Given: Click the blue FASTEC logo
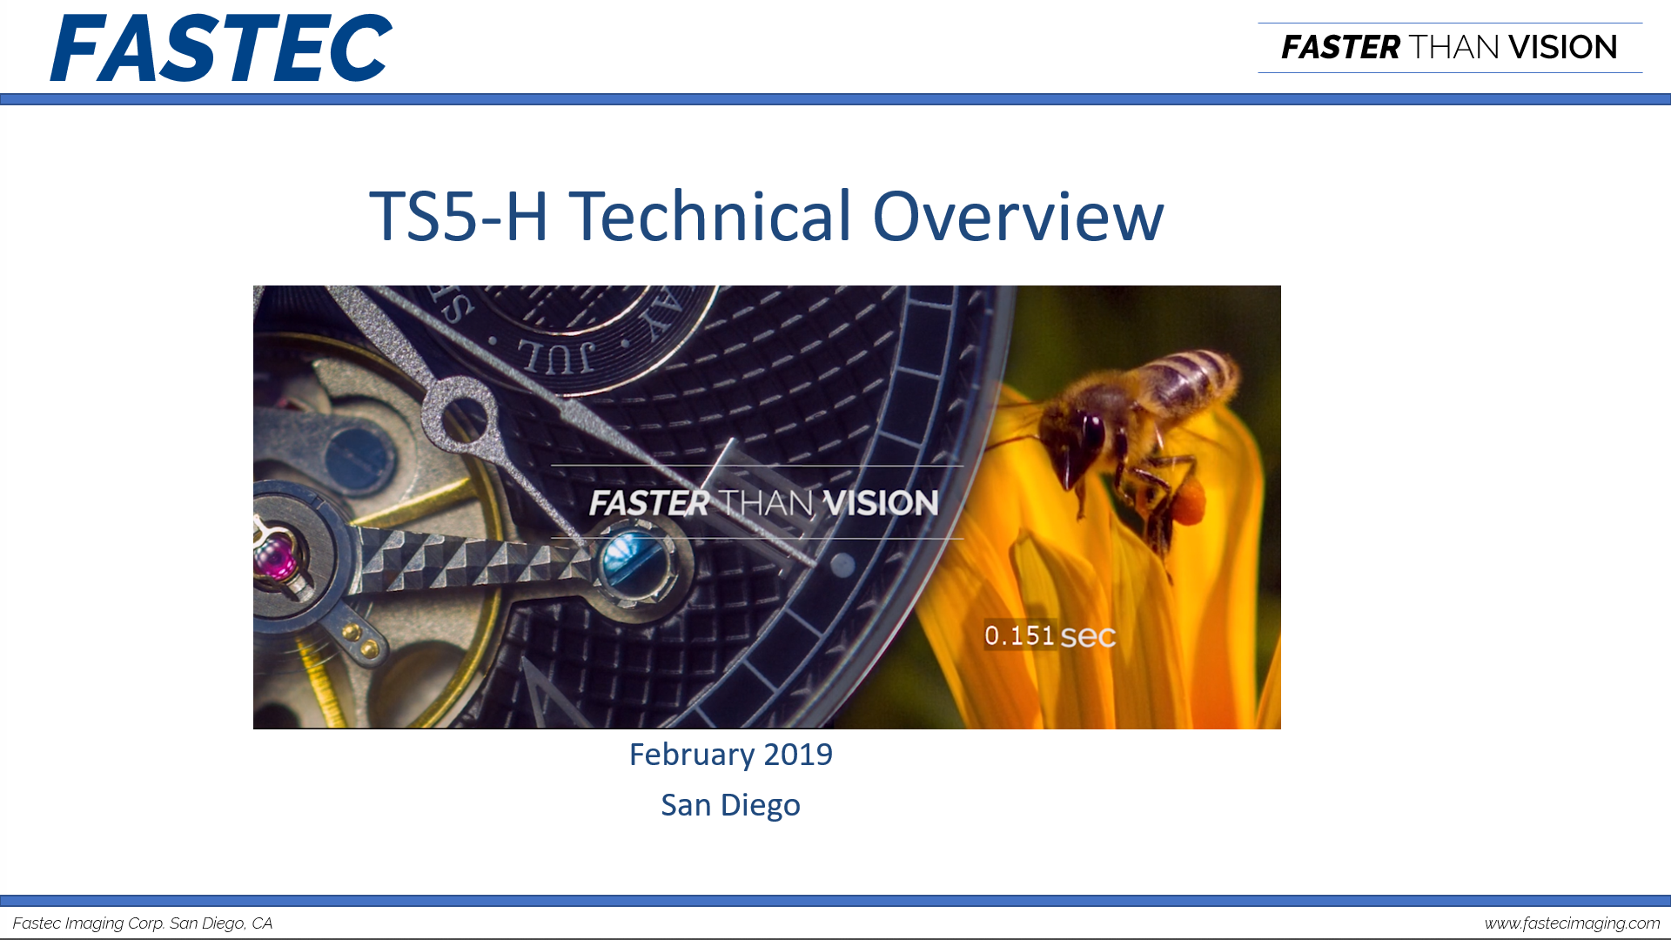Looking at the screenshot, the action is (x=221, y=48).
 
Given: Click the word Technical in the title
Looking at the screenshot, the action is (x=710, y=216).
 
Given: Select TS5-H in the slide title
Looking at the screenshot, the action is (x=459, y=217).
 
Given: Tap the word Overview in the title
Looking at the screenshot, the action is (x=1018, y=216).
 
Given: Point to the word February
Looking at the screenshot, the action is (x=692, y=755).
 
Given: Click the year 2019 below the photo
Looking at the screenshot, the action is (x=798, y=755).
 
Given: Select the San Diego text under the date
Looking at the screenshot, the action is (x=730, y=806).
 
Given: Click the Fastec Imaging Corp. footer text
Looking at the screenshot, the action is (x=143, y=923).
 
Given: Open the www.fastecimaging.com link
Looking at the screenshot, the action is (x=1572, y=923).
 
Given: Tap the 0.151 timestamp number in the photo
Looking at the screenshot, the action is (x=1019, y=635).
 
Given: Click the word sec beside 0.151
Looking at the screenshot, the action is (x=1088, y=637).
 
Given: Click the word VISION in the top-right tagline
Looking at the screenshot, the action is (x=1563, y=48).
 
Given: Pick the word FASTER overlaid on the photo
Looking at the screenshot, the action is (x=649, y=503).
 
